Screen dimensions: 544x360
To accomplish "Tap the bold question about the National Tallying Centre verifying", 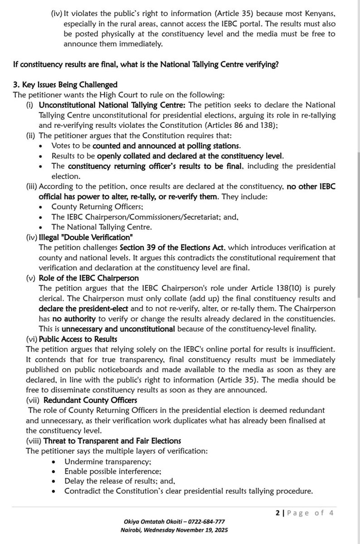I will coord(146,64).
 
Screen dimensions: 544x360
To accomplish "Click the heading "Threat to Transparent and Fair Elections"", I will coord(103,441).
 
